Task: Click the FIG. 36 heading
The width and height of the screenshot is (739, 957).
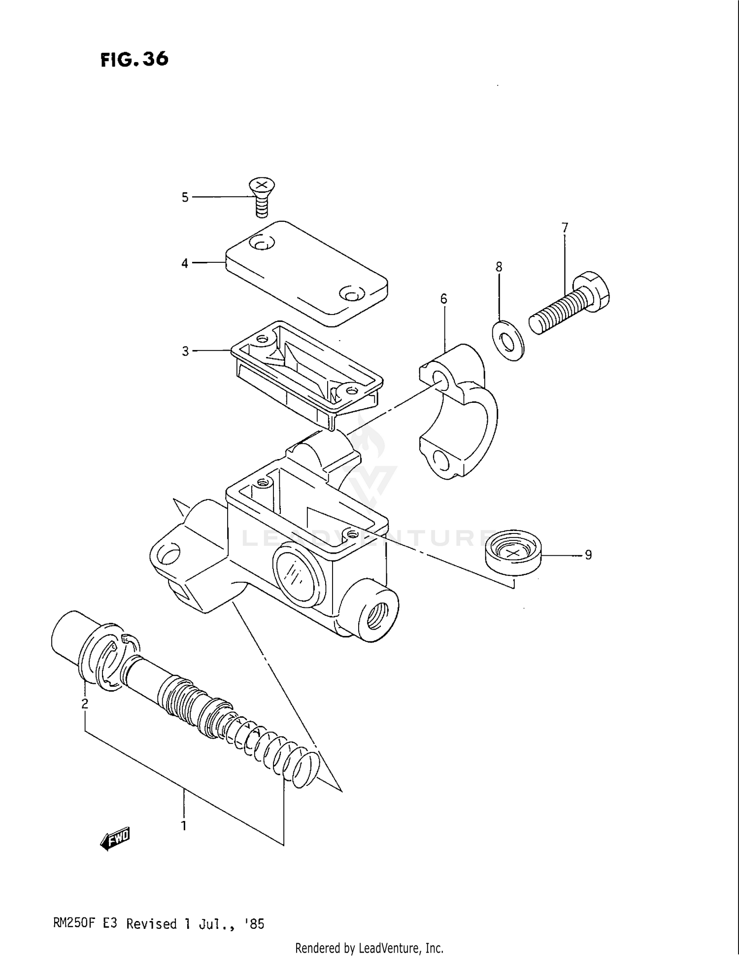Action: pos(134,60)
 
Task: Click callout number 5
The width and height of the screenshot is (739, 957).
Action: pos(185,197)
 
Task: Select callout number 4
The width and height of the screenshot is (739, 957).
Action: pos(185,263)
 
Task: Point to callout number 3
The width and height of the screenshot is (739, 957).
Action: pos(185,351)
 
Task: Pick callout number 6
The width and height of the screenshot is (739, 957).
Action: pos(443,299)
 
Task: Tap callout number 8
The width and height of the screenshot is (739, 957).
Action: pos(499,267)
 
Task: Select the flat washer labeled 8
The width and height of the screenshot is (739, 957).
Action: pos(508,341)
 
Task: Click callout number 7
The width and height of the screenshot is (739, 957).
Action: pos(565,228)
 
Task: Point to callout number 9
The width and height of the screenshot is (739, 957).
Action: pos(588,555)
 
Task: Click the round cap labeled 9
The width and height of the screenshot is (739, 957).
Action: pos(513,555)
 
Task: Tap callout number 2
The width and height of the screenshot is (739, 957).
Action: pos(85,704)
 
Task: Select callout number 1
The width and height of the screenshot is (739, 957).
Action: pos(184,825)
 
